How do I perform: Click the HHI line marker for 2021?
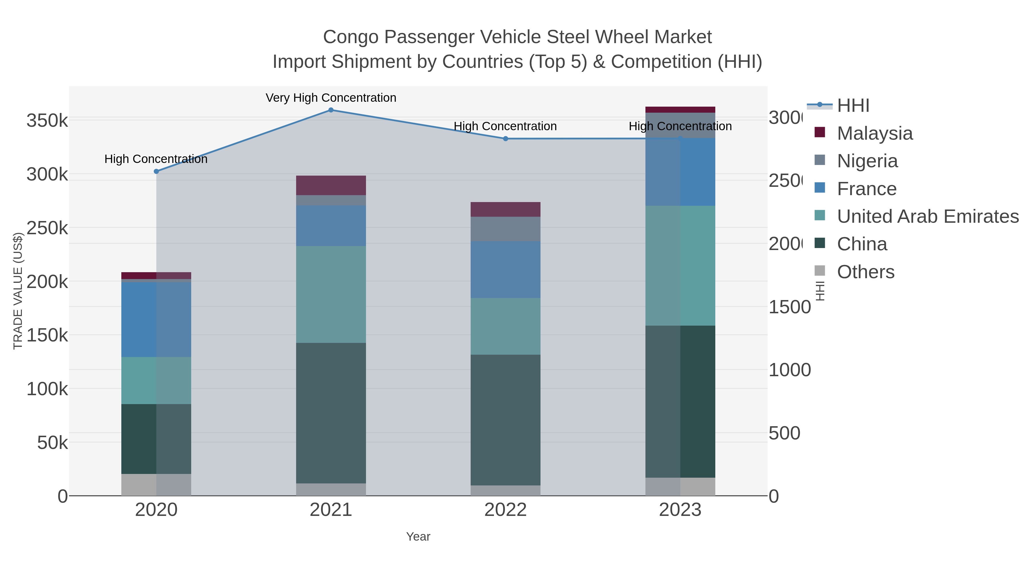[331, 110]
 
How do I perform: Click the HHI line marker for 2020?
[156, 172]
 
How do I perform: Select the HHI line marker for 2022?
[505, 139]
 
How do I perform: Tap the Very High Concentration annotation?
[331, 98]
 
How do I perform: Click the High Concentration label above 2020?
[156, 159]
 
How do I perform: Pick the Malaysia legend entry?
[874, 133]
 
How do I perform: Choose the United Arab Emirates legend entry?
[927, 216]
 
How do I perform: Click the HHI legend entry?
[853, 106]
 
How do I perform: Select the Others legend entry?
[865, 272]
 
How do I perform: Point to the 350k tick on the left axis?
[47, 120]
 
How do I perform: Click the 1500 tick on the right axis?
[789, 307]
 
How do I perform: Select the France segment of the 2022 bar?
[505, 270]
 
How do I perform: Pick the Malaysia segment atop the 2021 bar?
[331, 185]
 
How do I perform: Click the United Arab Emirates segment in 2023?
[680, 266]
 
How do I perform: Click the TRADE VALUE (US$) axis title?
[18, 291]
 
